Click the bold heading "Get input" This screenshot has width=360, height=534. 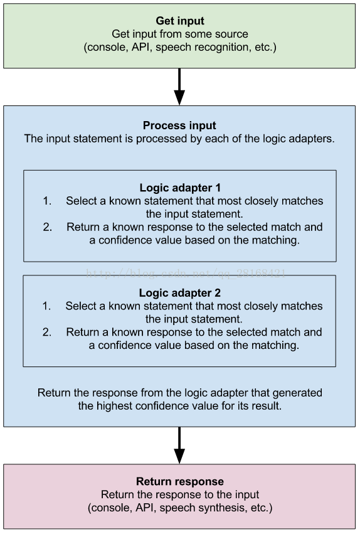pos(179,21)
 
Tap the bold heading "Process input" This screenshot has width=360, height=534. pos(179,125)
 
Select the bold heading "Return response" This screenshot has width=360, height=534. pos(179,481)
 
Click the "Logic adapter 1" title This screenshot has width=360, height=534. pos(180,188)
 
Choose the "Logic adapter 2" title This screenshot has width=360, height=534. pos(179,293)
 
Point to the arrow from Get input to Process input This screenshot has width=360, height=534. pos(179,87)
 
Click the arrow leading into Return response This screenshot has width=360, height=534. pos(179,445)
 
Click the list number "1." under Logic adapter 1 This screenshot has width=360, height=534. pos(47,201)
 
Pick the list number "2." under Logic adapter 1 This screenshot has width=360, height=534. pos(47,227)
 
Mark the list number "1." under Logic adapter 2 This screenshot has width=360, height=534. pos(46,306)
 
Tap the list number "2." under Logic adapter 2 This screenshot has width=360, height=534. pos(47,332)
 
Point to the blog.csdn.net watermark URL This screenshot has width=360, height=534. pos(186,274)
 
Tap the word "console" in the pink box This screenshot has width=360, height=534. pos(110,508)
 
